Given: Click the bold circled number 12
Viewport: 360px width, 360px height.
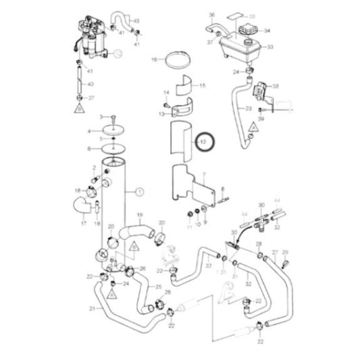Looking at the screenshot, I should pyautogui.click(x=203, y=142).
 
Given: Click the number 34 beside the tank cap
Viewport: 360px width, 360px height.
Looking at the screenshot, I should pyautogui.click(x=266, y=30).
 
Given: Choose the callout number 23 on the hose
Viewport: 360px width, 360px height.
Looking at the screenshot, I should pyautogui.click(x=249, y=108).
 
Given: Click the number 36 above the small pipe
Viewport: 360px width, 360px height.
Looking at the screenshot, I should pyautogui.click(x=211, y=15).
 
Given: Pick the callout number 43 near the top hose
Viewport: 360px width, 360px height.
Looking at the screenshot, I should pyautogui.click(x=138, y=22).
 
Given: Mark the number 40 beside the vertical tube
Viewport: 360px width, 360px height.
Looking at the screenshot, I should pyautogui.click(x=91, y=84).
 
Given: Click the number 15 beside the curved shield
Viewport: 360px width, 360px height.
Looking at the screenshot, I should pyautogui.click(x=201, y=86).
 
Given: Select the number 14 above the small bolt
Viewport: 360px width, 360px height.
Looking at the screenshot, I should pyautogui.click(x=165, y=92).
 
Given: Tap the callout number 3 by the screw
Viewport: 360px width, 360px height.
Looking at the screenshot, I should pyautogui.click(x=100, y=118).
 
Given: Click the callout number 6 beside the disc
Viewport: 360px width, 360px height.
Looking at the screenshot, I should pyautogui.click(x=88, y=148).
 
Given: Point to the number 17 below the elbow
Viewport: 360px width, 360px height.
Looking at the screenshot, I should pyautogui.click(x=84, y=223).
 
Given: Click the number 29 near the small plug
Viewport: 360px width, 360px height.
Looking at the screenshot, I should pyautogui.click(x=285, y=252).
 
